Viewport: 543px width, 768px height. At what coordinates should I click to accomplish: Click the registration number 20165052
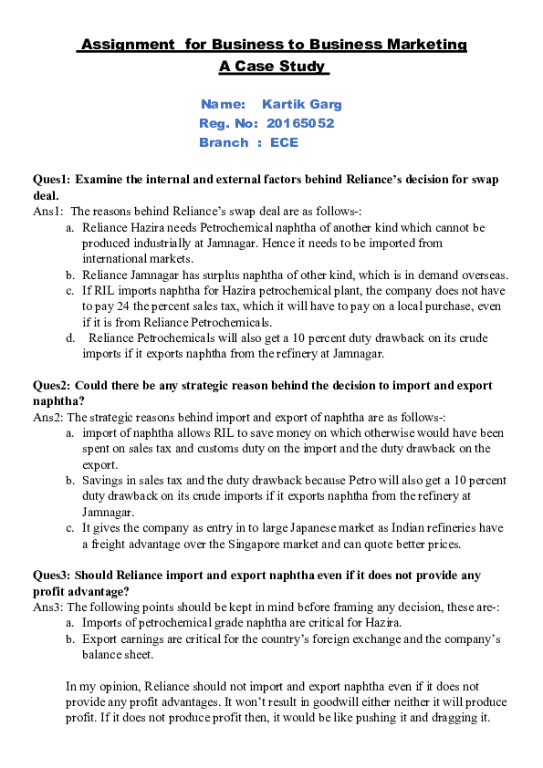(x=302, y=123)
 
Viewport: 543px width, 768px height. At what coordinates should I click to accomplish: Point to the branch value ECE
(x=284, y=142)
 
